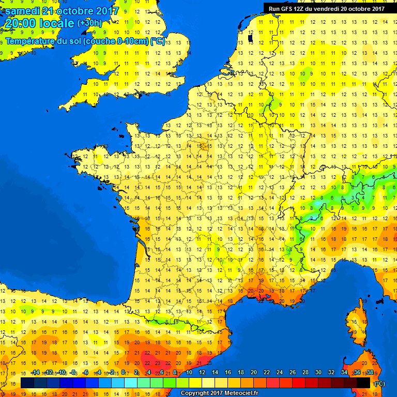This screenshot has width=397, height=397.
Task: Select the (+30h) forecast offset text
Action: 90,23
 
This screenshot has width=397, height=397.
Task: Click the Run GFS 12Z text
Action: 286,8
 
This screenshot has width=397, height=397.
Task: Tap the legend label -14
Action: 35,373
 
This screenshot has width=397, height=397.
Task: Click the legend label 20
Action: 254,373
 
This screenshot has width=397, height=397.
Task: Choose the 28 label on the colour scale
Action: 305,373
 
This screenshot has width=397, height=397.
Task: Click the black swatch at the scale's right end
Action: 363,383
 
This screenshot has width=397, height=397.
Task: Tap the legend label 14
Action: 215,373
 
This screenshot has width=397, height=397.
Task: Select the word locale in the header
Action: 57,23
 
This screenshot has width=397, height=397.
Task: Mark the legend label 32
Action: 331,373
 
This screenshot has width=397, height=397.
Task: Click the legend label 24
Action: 280,373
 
